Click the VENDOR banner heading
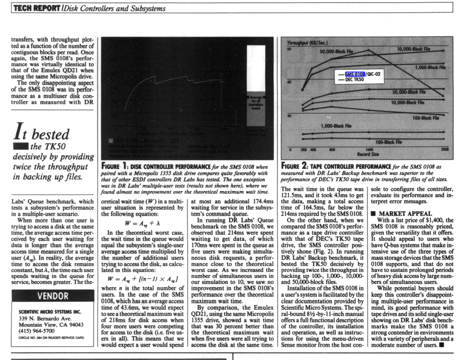coord(50,297)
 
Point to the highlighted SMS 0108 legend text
coord(355,74)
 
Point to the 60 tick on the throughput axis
coord(288,50)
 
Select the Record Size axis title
coord(368,154)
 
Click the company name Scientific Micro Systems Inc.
coord(50,310)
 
